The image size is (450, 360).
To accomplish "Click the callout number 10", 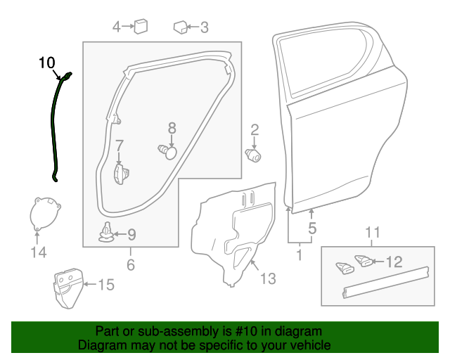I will point(46,63).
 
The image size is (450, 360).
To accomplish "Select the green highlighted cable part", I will point(56,127).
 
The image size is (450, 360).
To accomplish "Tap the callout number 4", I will point(117,27).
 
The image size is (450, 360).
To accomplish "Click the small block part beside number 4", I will point(141,26).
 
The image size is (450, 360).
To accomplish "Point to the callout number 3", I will point(205,28).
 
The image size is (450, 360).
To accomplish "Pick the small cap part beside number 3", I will point(181,27).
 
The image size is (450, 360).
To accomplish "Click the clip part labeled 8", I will point(167,150).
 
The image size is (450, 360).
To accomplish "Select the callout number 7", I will point(120,146).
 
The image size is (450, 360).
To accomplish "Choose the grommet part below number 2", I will point(253,154).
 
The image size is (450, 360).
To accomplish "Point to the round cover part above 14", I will point(45,213).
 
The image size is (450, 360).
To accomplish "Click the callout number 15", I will point(105,285).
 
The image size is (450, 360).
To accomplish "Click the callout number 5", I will point(312,229).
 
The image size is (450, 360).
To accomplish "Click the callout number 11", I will point(373,233).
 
